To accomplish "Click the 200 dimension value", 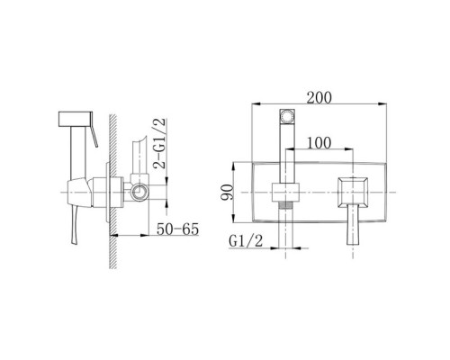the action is (x=319, y=98).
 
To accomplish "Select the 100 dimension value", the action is (x=319, y=143).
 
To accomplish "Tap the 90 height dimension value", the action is (x=227, y=193).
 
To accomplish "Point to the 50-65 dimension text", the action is (x=177, y=229).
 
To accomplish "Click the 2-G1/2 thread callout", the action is (x=159, y=143).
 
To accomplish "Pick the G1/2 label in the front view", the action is (x=246, y=241).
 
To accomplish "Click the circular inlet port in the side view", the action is (x=139, y=191).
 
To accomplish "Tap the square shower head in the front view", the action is (x=287, y=116).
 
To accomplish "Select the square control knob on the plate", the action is (x=353, y=193).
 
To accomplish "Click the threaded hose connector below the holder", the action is (x=285, y=204).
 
